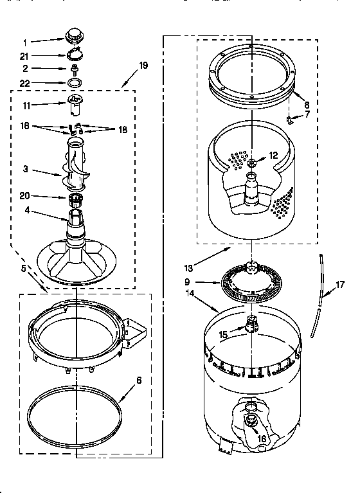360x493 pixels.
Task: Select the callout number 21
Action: (x=24, y=56)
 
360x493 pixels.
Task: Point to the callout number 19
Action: (x=143, y=66)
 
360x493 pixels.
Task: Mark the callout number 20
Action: (x=26, y=196)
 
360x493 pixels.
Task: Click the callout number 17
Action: (x=340, y=283)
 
